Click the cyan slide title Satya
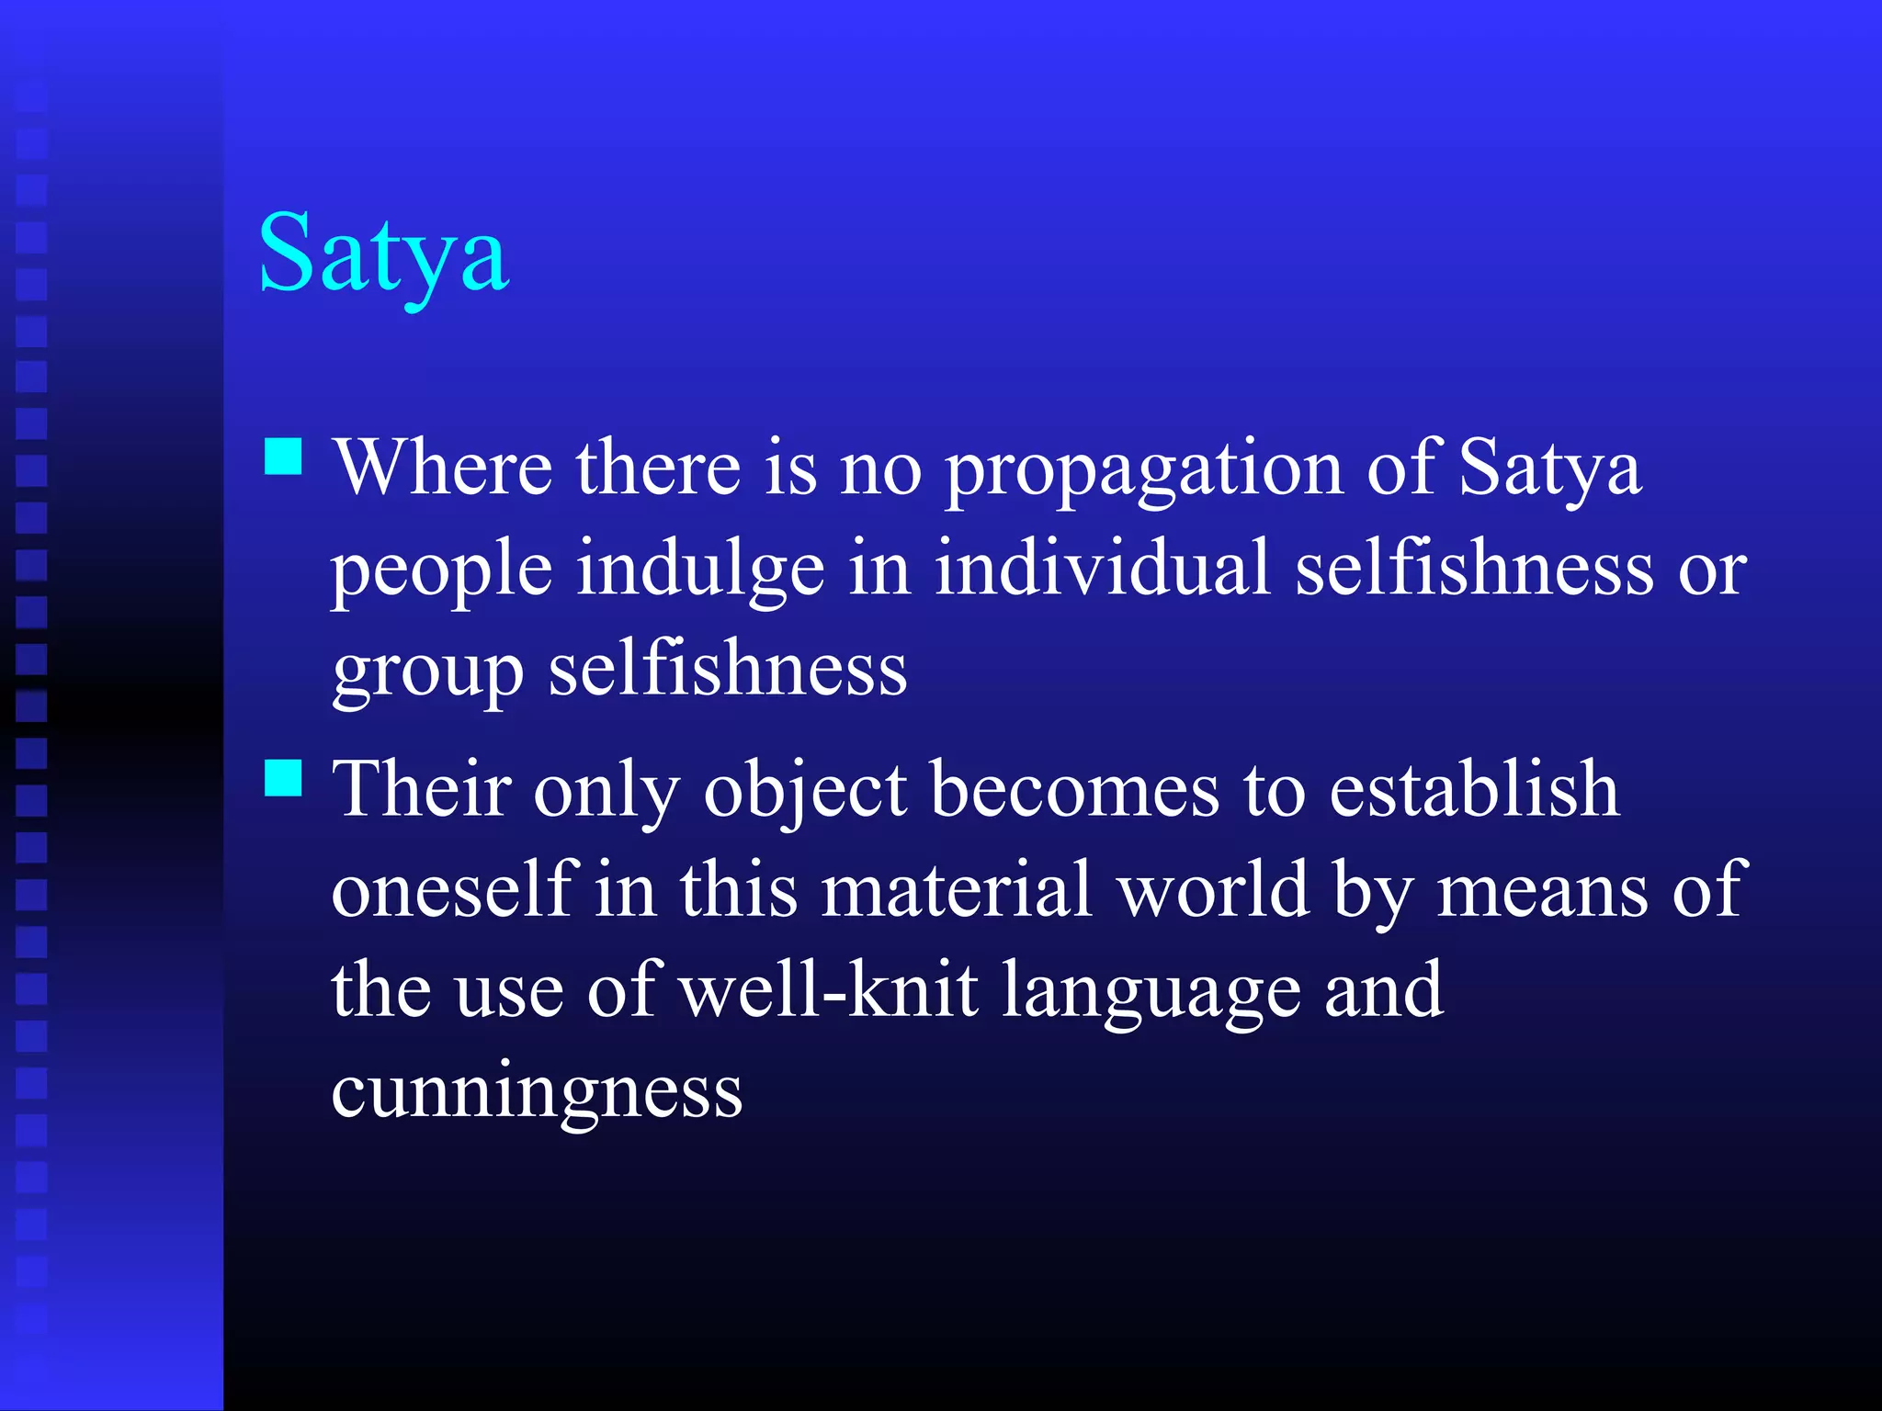[383, 254]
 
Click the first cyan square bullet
[283, 456]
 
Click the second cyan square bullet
[283, 777]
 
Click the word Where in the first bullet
[442, 468]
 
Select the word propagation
[1143, 470]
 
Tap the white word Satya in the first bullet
[1549, 468]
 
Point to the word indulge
[700, 570]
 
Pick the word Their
[421, 789]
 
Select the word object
[805, 792]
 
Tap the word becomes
[1074, 790]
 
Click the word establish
[1473, 789]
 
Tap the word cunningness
[537, 1093]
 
